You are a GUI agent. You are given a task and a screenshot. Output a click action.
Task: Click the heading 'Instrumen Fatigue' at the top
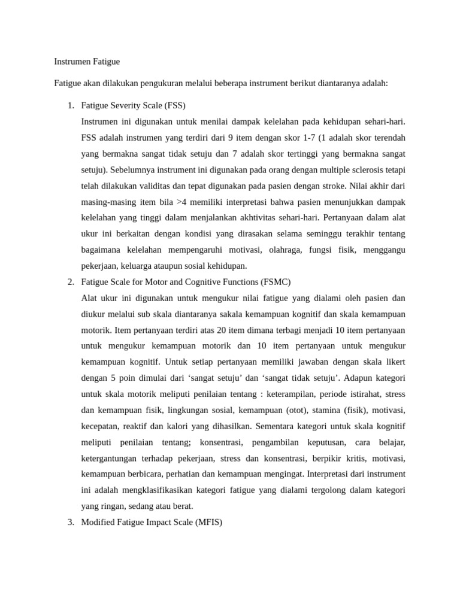click(87, 62)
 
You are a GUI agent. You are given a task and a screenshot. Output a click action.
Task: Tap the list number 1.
click(70, 106)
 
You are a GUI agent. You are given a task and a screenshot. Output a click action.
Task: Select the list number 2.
click(70, 282)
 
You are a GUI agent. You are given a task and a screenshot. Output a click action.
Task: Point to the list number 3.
click(70, 522)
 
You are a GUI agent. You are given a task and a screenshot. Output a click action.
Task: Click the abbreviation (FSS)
click(172, 106)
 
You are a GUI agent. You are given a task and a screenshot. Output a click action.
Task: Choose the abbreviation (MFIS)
click(208, 522)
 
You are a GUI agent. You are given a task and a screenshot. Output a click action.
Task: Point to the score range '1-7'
click(311, 138)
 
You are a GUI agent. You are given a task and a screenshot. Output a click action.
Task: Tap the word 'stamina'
click(323, 410)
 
